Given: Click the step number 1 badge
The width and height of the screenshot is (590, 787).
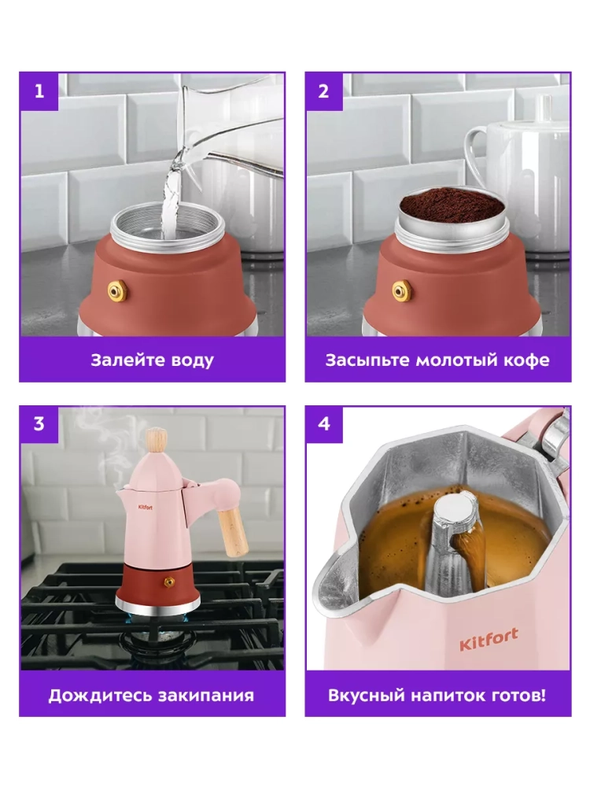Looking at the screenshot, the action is pyautogui.click(x=39, y=91).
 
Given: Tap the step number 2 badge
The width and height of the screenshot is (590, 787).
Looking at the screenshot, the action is pyautogui.click(x=323, y=91).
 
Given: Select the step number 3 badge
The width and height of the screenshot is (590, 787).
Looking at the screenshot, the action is pyautogui.click(x=39, y=424).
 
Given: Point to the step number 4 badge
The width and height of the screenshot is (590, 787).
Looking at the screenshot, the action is pyautogui.click(x=323, y=424).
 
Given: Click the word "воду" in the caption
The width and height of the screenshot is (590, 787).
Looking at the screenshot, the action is pyautogui.click(x=192, y=360).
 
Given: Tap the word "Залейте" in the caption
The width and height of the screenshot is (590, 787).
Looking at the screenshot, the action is pyautogui.click(x=127, y=360).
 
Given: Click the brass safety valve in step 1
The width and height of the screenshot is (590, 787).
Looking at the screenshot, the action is pyautogui.click(x=117, y=290).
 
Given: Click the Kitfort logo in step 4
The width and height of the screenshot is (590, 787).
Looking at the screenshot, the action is pyautogui.click(x=489, y=639).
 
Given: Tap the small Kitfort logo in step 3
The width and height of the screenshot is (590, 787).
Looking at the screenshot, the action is pyautogui.click(x=146, y=508).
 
